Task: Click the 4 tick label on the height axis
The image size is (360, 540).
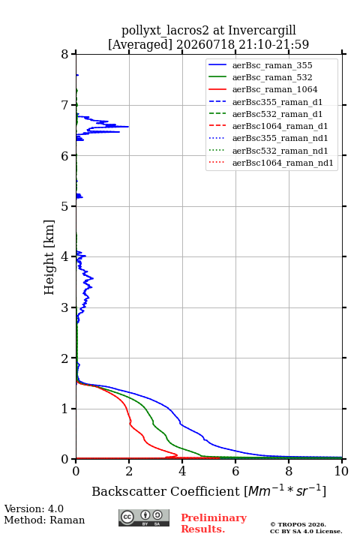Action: [65, 256]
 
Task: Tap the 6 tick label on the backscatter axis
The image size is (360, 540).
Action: [235, 471]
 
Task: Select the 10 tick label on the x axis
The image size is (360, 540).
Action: [341, 471]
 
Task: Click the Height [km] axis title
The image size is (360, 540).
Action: [49, 257]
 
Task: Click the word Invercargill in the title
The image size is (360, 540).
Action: [262, 31]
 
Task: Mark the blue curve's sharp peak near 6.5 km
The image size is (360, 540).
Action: [128, 127]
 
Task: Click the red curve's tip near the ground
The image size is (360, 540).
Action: [178, 455]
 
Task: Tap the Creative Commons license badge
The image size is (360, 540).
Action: [144, 517]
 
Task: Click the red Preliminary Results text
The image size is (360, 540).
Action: [214, 523]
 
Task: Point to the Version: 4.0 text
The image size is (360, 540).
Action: [34, 508]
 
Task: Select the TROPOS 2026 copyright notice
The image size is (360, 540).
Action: [298, 524]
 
